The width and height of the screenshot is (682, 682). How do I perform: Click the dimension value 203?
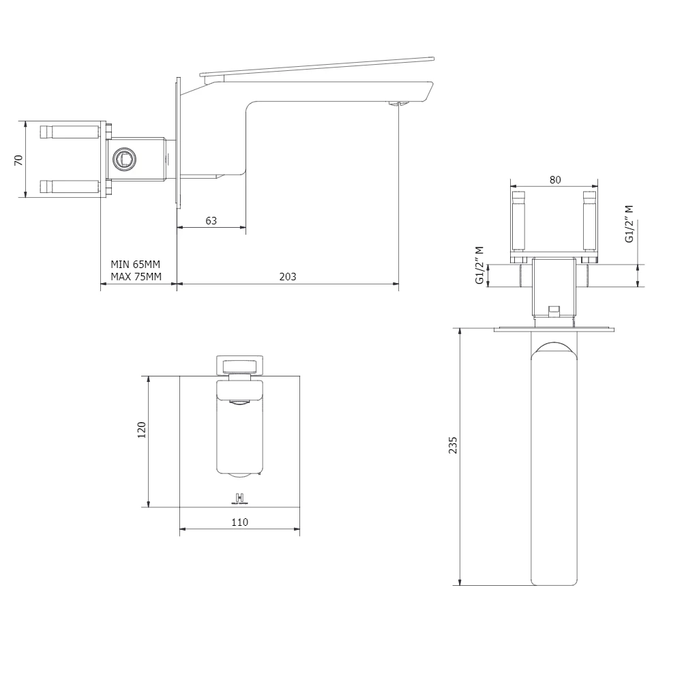click(x=288, y=276)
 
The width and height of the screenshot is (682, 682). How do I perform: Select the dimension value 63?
click(x=211, y=220)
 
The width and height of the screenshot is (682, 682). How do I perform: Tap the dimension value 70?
click(x=19, y=160)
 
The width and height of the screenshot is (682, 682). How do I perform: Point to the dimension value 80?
click(x=554, y=179)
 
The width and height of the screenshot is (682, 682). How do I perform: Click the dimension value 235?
click(x=453, y=445)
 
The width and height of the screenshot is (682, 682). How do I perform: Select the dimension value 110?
click(x=239, y=522)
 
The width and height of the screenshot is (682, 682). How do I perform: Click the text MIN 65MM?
click(x=136, y=264)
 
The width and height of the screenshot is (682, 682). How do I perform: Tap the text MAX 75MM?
click(x=136, y=276)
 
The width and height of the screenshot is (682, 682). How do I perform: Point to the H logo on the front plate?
click(x=239, y=497)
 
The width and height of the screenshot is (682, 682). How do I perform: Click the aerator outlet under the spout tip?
click(x=396, y=104)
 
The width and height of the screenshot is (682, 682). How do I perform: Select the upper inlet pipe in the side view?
click(x=69, y=131)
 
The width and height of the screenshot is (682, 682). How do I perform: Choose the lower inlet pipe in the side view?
click(x=69, y=186)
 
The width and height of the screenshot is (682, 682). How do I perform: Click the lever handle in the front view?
click(x=239, y=364)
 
